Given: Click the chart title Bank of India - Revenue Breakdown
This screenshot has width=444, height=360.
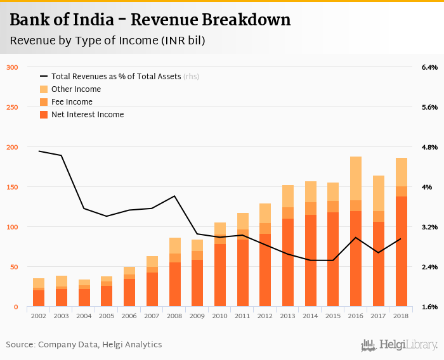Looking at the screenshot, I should click(x=150, y=20).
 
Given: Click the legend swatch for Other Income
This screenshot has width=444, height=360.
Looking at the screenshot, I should click(x=44, y=89).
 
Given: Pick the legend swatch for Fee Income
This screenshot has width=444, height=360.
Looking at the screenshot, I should click(x=44, y=102).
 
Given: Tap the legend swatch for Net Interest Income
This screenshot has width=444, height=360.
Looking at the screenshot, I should click(x=44, y=115).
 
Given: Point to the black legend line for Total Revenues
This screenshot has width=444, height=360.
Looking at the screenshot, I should click(x=44, y=77).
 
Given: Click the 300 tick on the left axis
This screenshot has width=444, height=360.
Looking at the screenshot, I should click(x=12, y=67).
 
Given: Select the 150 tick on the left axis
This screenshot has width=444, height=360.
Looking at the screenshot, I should click(x=12, y=187).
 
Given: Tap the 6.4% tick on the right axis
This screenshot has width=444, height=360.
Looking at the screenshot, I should click(x=429, y=67).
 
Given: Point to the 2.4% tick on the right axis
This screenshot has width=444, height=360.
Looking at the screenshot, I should click(x=429, y=267).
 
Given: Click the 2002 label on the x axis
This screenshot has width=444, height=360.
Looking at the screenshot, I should click(x=39, y=316).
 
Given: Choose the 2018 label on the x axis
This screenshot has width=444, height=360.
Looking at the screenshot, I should click(x=402, y=316).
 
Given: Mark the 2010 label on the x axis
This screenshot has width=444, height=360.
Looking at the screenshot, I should click(x=220, y=316).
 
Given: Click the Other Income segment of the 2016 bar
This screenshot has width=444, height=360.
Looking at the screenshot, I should click(x=356, y=178).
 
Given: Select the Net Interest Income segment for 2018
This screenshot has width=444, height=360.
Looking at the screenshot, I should click(x=402, y=252).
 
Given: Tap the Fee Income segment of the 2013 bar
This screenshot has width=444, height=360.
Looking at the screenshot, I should click(x=288, y=213).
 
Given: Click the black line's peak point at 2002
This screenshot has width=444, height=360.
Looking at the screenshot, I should click(x=39, y=151).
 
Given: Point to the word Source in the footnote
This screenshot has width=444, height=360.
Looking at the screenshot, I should click(x=20, y=345).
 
